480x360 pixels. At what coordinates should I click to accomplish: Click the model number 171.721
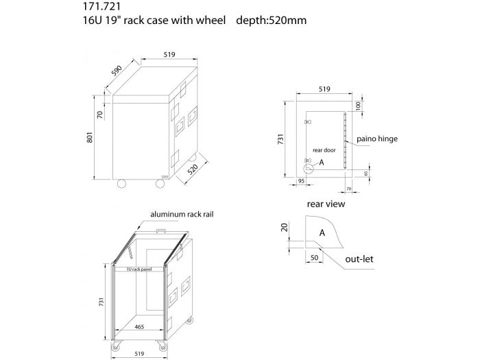[x=95, y=7]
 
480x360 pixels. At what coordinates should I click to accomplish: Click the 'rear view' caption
[x=326, y=204]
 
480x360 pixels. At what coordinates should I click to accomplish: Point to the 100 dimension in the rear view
[x=357, y=106]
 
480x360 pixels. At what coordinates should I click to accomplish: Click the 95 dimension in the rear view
[x=300, y=181]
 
